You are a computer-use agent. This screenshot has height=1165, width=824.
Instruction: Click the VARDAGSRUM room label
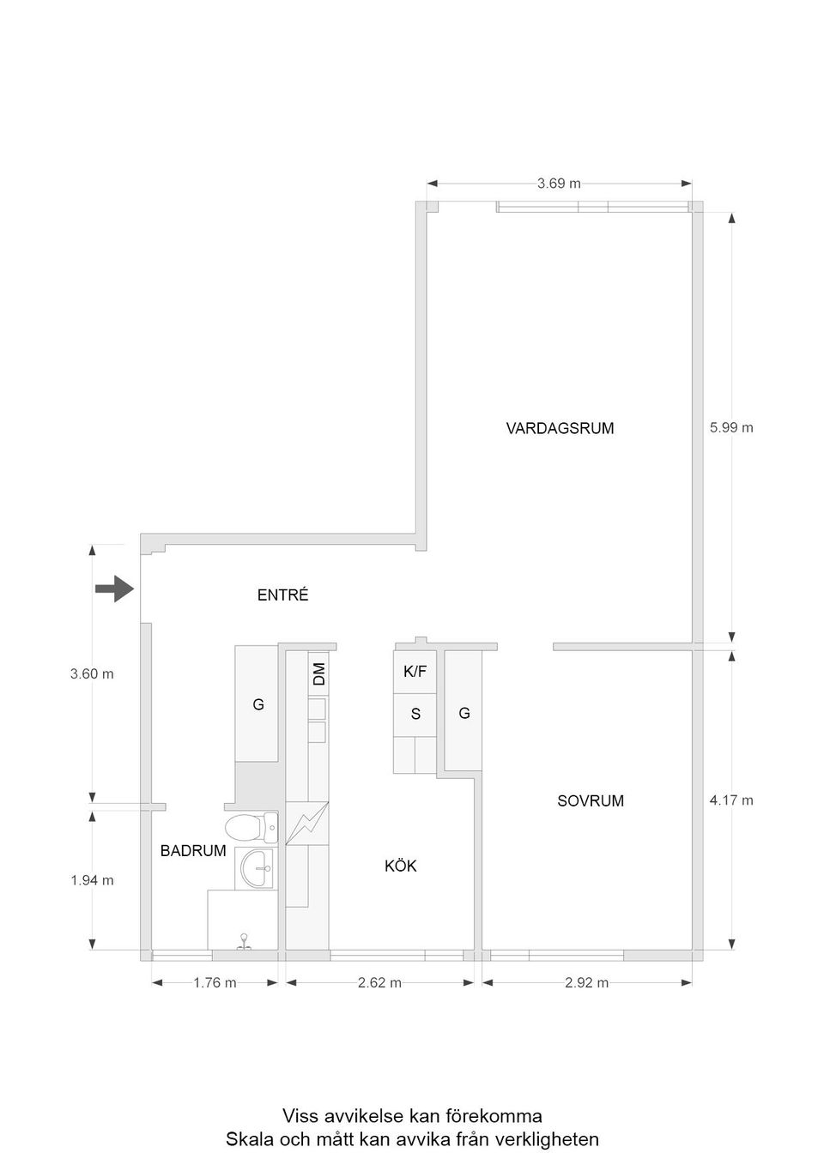560,428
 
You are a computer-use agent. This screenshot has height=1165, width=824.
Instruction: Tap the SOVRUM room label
591,801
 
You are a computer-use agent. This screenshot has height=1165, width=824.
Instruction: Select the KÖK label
401,866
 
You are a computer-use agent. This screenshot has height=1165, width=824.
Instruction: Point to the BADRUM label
193,851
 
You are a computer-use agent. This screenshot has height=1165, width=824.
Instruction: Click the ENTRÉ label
282,595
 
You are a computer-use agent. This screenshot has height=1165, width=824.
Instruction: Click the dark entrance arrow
114,589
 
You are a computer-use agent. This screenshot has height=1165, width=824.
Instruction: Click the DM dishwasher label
319,673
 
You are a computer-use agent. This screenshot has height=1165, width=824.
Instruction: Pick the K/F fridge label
415,672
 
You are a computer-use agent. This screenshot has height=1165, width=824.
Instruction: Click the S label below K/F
415,714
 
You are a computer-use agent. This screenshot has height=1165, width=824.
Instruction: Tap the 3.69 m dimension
559,183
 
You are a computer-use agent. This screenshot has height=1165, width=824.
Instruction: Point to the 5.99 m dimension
731,427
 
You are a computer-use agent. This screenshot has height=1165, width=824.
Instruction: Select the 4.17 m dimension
731,800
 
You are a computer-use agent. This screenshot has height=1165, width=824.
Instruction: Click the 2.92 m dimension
586,983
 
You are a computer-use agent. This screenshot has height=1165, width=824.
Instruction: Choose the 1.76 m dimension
215,983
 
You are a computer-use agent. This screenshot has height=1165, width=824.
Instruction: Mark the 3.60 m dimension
92,674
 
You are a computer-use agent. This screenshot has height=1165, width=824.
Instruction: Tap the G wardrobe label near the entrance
257,705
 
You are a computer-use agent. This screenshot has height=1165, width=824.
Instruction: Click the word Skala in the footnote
248,1140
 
